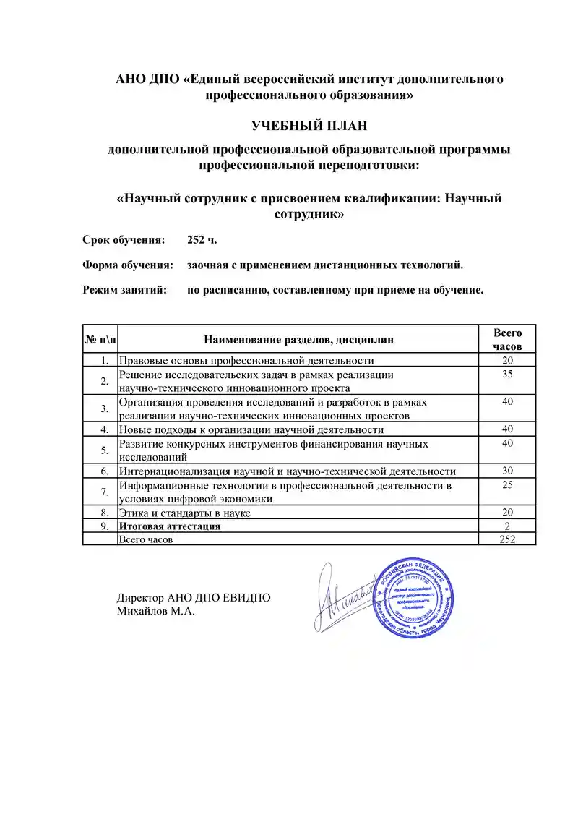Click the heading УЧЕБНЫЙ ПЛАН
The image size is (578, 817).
tap(309, 126)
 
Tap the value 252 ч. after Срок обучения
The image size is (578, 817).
tap(202, 239)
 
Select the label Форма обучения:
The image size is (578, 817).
tap(128, 265)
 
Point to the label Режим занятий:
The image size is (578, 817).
tap(125, 290)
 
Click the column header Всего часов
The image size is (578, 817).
tap(507, 339)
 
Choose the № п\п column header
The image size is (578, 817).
tap(99, 339)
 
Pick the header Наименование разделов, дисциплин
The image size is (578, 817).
tap(299, 339)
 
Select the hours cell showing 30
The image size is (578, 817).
tap(507, 471)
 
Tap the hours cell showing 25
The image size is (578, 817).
tap(507, 485)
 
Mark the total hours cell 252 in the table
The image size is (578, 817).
tap(507, 539)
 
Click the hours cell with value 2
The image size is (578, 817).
tap(507, 526)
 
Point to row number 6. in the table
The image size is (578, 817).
tap(105, 471)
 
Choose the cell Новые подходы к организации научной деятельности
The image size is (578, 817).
tap(251, 429)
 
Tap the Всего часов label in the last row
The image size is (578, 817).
tap(147, 539)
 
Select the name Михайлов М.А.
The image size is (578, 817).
tap(156, 612)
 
